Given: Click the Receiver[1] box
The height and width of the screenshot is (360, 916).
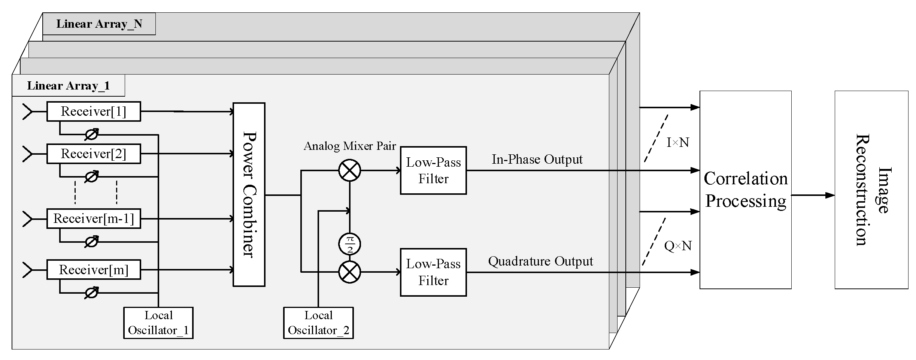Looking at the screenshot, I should pos(94,111).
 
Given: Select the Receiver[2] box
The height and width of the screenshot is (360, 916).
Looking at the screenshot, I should pos(94,154).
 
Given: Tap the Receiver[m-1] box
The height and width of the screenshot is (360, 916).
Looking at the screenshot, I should pos(94,218).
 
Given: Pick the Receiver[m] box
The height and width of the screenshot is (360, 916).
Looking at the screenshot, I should pos(94,270).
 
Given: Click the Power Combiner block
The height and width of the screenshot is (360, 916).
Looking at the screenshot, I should pos(249,194).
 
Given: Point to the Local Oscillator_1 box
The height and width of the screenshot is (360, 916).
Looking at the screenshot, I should pos(158,323).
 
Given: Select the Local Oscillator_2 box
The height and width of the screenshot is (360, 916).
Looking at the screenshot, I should pos(318,323).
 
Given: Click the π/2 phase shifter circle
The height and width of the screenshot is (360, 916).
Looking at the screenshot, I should pos(349,244).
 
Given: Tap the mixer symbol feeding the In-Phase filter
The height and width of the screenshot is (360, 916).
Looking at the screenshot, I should pos(349,170).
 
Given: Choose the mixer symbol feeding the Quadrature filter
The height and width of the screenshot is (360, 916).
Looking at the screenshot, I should pos(349,272).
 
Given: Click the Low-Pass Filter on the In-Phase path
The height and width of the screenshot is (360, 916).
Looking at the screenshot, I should pos(433,170).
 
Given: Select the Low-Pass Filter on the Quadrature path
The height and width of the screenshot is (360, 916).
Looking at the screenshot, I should pos(433,272).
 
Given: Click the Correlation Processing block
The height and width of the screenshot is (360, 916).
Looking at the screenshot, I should pos(745,190).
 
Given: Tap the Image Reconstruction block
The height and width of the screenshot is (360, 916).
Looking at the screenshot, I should pos(871,190).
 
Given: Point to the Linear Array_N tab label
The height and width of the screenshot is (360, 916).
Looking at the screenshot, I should pos(99,24).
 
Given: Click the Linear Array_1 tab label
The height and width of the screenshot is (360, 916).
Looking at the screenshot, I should pos(69,85).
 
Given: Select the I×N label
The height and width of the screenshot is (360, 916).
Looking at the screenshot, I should pos(678,142).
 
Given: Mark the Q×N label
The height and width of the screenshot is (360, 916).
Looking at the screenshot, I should pos(678,246).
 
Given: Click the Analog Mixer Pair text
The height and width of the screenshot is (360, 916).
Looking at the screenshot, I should pos(350,146).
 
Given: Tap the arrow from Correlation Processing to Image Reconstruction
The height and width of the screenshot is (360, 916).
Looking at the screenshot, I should pos(813,195).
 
